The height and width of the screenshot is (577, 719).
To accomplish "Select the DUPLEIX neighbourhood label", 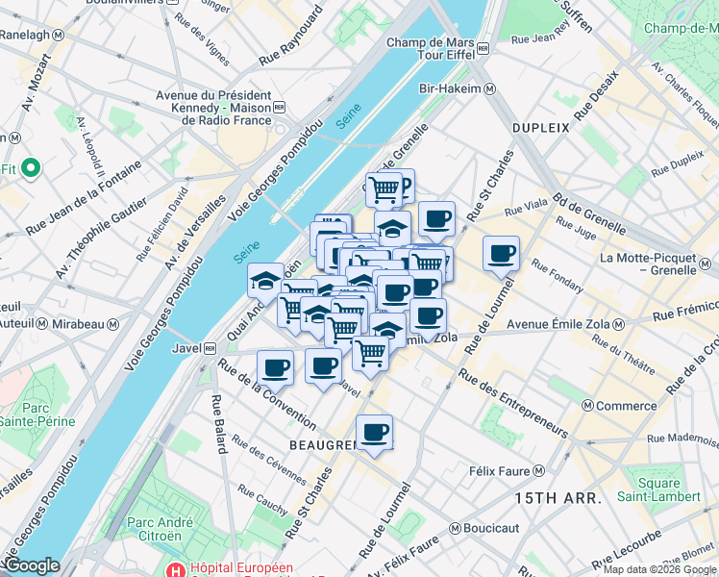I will click(540, 127).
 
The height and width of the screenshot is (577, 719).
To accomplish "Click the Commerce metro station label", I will click(625, 406).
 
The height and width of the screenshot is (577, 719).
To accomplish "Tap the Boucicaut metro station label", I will click(492, 528).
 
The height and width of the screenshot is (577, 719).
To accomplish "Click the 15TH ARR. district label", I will click(558, 498).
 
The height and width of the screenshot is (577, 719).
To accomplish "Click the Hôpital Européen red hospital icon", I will click(173, 567).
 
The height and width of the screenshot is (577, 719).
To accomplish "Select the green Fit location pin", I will click(30, 168).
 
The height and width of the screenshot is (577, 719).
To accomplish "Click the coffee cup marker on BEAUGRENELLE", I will click(374, 433).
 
